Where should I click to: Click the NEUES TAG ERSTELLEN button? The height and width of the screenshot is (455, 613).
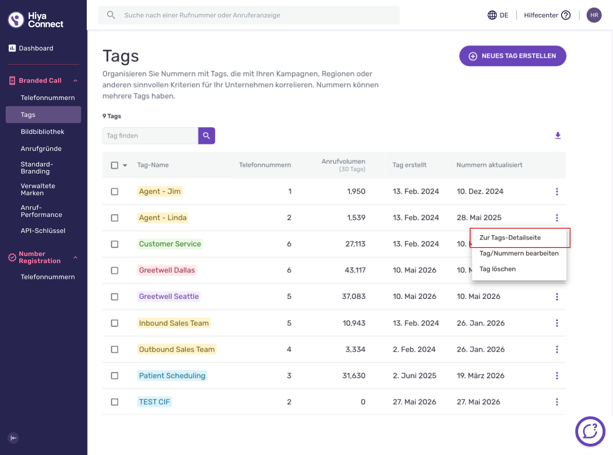pyautogui.click(x=513, y=56)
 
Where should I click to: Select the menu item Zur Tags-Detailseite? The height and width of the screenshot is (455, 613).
pyautogui.click(x=510, y=238)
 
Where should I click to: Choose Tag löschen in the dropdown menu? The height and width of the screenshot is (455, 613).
pyautogui.click(x=497, y=269)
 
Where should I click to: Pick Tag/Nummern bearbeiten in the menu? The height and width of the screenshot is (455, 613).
pyautogui.click(x=519, y=253)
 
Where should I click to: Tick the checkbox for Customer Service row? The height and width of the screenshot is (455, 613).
pyautogui.click(x=115, y=244)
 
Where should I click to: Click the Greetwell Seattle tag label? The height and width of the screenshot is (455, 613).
pyautogui.click(x=169, y=296)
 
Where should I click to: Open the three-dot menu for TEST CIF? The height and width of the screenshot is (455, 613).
pyautogui.click(x=557, y=402)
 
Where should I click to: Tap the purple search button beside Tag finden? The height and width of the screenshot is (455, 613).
pyautogui.click(x=207, y=136)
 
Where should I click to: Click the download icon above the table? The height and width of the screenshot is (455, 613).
pyautogui.click(x=558, y=135)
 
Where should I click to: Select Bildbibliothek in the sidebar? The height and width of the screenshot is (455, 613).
pyautogui.click(x=42, y=132)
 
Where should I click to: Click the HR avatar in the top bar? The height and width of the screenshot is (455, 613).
pyautogui.click(x=594, y=15)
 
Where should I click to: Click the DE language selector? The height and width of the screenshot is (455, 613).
pyautogui.click(x=498, y=15)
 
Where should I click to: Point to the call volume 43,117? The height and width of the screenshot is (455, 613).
pyautogui.click(x=355, y=270)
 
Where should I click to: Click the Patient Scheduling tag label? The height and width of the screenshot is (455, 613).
pyautogui.click(x=172, y=376)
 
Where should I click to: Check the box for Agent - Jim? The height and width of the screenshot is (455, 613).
pyautogui.click(x=115, y=191)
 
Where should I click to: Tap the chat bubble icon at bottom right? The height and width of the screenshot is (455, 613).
pyautogui.click(x=590, y=431)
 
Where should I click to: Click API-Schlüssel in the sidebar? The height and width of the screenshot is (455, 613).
pyautogui.click(x=43, y=231)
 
